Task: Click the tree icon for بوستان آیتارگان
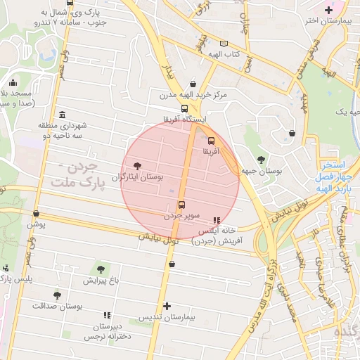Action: coord(137,167)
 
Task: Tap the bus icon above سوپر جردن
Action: coord(181,205)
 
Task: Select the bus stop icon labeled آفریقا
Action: coord(212,140)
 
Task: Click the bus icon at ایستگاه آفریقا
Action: coord(184,109)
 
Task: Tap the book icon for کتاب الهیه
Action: coord(224,44)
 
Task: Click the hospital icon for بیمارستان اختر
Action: coord(328,10)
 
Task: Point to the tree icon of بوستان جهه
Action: coord(262,160)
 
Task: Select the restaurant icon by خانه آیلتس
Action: coord(216,220)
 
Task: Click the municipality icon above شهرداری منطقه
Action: coord(63,115)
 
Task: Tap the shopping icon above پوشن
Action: coord(36,214)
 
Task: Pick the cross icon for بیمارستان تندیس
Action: coord(167,306)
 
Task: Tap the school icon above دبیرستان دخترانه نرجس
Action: coord(107,316)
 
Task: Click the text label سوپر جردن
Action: coord(182,216)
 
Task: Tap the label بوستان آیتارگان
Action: coord(141,178)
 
